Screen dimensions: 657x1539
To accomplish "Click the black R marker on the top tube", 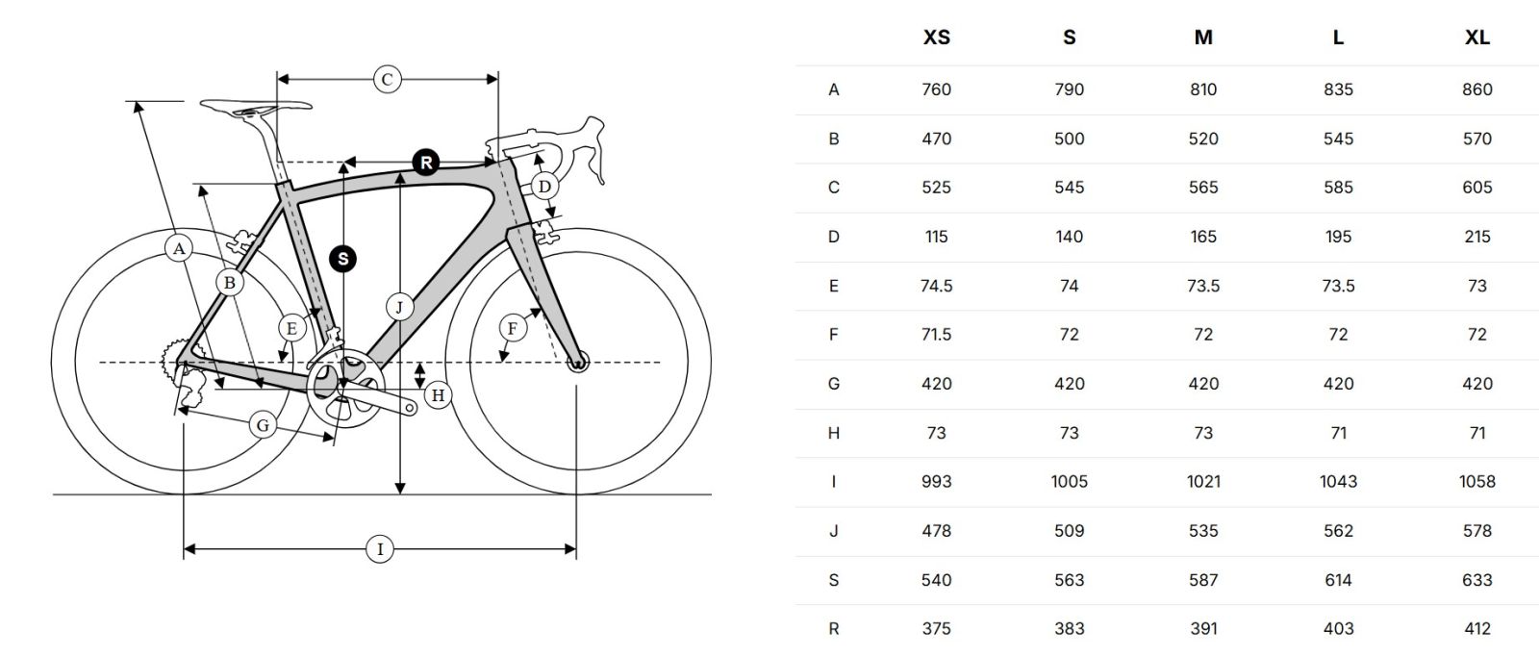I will coord(426,163).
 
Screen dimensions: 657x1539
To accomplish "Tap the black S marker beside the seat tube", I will coord(342,258).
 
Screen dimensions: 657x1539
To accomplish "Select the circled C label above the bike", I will coord(387,79).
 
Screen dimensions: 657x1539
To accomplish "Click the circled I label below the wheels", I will coord(380,549).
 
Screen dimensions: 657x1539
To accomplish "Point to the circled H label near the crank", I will coord(439,394).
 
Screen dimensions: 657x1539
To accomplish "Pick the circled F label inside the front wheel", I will coord(512,329).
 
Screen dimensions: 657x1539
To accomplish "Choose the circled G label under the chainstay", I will coord(262,424).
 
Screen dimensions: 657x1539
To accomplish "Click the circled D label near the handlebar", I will coord(544,187).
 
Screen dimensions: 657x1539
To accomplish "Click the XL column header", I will coord(1476,38).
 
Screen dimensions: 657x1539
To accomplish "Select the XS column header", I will coord(936,38).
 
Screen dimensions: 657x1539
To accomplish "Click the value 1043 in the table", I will coord(1338,482).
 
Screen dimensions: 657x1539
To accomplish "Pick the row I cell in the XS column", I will coord(936,482).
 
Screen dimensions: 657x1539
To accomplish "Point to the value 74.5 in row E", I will coord(936,286).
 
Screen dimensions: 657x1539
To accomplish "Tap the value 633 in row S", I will coord(1476,580).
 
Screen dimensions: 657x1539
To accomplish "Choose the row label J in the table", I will coord(833,531).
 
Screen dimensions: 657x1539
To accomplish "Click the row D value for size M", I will coord(1203,237).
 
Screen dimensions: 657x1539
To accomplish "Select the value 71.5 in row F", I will coord(936,335).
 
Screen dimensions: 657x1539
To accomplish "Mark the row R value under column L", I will coord(1338,629).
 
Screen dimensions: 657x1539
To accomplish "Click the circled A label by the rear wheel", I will coord(178,248).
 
